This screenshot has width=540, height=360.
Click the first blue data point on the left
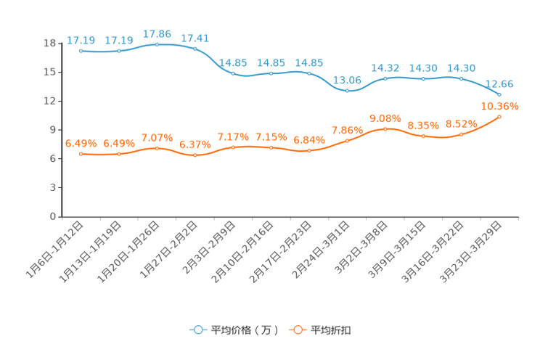[x=81, y=52]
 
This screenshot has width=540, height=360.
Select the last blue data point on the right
[x=499, y=95]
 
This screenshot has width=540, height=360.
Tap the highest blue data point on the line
[x=157, y=45]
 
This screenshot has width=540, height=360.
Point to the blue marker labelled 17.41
[x=195, y=49]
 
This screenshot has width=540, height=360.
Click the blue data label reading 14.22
[x=385, y=67]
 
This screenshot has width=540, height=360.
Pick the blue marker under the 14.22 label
[x=385, y=78]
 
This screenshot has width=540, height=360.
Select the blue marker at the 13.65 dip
[x=347, y=91]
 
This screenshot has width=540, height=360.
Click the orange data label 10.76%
[x=500, y=107]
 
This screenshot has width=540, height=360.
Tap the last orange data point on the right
[x=499, y=117]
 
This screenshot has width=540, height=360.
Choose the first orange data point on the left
[x=81, y=154]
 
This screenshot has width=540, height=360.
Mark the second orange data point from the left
[x=119, y=154]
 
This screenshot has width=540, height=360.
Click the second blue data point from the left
[x=119, y=52]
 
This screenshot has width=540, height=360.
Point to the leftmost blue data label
[x=81, y=40]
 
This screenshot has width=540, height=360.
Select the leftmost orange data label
[x=81, y=143]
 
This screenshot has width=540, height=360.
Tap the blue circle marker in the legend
[x=197, y=330]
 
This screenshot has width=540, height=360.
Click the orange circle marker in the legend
[x=297, y=330]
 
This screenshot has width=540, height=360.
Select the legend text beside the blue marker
[x=244, y=330]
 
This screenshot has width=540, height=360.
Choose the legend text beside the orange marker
[x=332, y=330]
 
